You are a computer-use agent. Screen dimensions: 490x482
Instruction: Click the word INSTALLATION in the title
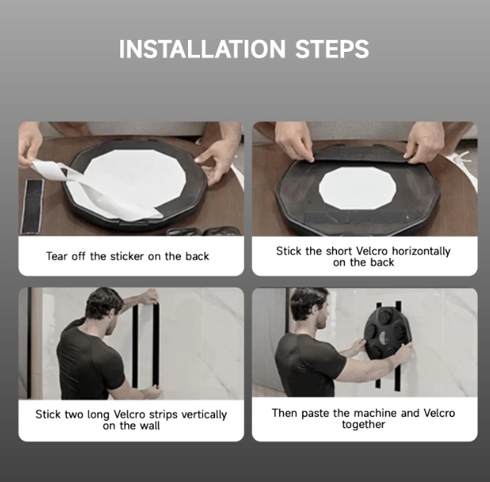point(202,49)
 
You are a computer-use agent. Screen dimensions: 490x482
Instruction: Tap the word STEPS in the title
point(332,49)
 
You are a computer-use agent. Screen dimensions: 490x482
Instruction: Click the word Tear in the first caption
point(57,257)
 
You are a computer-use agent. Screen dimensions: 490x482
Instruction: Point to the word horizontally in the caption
point(421,251)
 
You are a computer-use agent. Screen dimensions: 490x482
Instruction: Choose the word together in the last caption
point(363,425)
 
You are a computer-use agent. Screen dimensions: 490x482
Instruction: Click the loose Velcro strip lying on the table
point(32,206)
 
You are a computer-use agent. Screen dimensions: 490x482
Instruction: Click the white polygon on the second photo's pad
point(358,188)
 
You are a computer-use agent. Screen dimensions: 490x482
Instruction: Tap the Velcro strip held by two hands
point(359,155)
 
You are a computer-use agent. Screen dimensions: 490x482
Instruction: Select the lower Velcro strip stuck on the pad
point(355,217)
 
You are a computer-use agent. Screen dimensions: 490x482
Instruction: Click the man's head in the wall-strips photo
point(104,307)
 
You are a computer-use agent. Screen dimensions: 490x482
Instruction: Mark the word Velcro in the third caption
point(129,414)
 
